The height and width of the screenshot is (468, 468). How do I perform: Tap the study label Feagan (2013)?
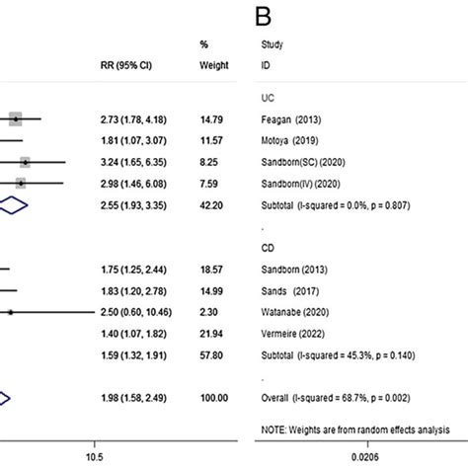[x=290, y=119]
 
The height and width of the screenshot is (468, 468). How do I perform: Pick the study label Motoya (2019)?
[x=290, y=141]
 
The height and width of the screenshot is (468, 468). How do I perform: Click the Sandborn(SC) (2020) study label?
[x=302, y=162]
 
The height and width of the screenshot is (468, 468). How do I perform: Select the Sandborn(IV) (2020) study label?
[x=301, y=183]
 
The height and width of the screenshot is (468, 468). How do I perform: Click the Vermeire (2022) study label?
[x=293, y=333]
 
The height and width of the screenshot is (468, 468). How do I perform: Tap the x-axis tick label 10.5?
[x=94, y=457]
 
